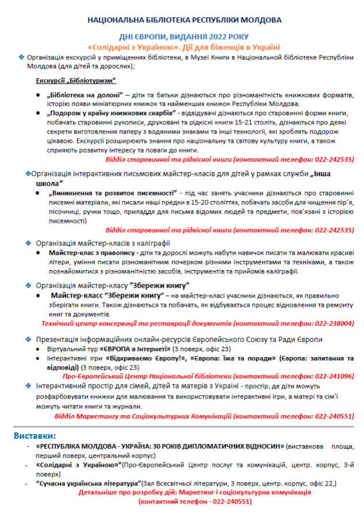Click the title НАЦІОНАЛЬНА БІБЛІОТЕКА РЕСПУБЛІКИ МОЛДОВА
[x=184, y=20]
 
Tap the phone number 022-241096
[x=334, y=375]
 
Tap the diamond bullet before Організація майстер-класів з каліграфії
[x=29, y=243]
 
